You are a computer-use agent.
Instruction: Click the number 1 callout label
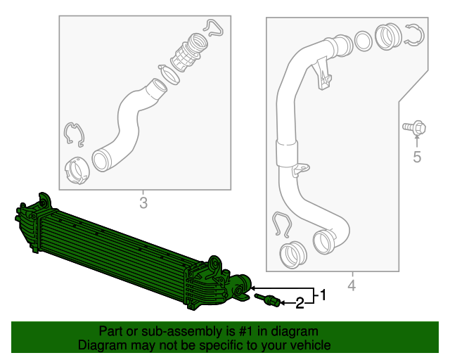click(323, 295)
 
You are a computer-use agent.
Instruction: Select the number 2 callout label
click(300, 304)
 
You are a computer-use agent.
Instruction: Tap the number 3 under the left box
click(143, 204)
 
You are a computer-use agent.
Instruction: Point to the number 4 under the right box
click(352, 285)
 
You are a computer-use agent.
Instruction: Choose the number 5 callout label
click(417, 157)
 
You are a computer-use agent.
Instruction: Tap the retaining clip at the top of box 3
click(213, 27)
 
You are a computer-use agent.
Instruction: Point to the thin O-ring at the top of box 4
click(363, 41)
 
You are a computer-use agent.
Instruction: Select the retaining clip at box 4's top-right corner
click(414, 35)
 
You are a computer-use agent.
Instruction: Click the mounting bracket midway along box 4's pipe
click(300, 169)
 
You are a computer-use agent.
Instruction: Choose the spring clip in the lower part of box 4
click(282, 225)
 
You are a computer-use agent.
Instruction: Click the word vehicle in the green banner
click(306, 345)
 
